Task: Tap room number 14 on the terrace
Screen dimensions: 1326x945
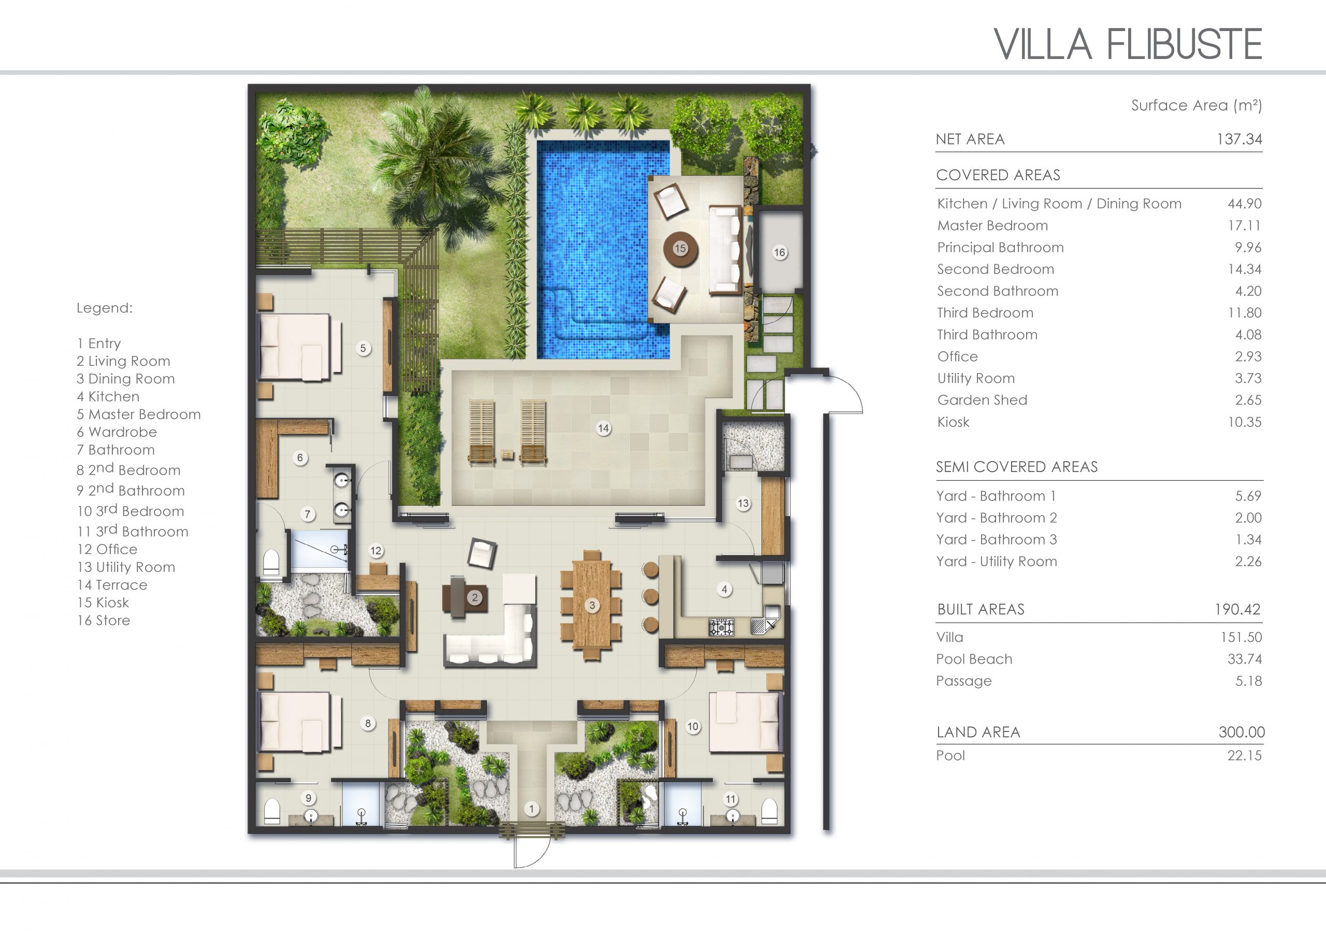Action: (603, 428)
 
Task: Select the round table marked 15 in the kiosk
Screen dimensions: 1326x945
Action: (681, 249)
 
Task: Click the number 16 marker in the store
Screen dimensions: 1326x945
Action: (780, 252)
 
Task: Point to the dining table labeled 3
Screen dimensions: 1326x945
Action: (592, 605)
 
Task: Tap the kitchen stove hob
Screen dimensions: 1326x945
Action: (721, 627)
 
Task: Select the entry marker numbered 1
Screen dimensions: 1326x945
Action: (531, 808)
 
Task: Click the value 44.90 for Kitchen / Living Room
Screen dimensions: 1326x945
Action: (1245, 204)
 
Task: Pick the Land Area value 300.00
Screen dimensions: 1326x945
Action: (1242, 732)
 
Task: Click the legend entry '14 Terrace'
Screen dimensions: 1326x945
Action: (112, 585)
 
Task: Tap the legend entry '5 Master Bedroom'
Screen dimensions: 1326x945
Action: (138, 414)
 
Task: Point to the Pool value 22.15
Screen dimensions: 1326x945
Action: (1245, 755)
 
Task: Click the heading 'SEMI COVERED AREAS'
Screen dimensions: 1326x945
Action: (1017, 467)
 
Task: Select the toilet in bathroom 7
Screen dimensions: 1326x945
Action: (271, 562)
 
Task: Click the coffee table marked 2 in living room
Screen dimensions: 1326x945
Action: (465, 597)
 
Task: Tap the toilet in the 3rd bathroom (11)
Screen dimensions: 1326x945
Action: (769, 811)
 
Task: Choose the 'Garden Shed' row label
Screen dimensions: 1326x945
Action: (982, 400)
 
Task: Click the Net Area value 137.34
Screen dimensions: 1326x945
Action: (1239, 139)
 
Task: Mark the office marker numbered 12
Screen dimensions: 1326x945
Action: (376, 551)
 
